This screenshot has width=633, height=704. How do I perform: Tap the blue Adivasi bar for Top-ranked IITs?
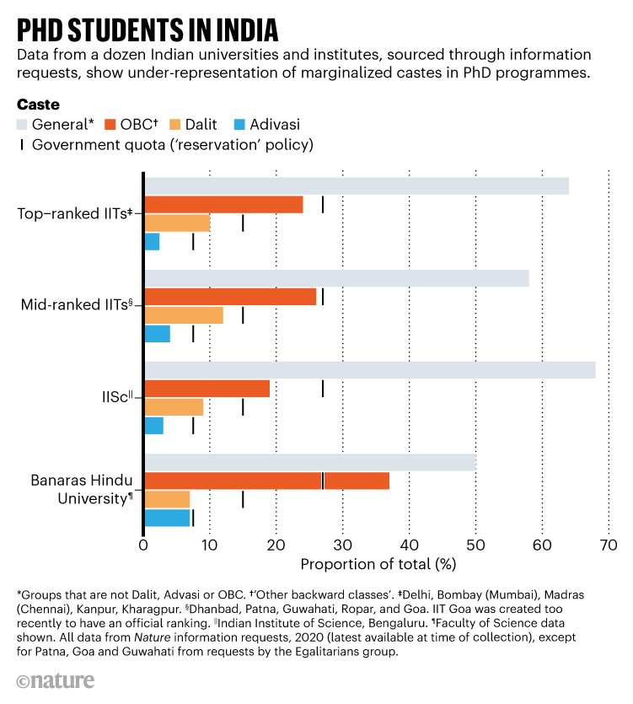[152, 242]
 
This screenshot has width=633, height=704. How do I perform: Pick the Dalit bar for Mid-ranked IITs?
[184, 315]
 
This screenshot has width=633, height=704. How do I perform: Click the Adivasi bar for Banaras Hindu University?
[167, 518]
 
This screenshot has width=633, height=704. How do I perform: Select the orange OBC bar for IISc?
[207, 389]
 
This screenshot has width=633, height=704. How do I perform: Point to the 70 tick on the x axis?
[608, 545]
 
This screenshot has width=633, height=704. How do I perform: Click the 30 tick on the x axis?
[342, 545]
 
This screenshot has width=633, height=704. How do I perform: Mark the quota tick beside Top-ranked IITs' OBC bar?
[323, 205]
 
